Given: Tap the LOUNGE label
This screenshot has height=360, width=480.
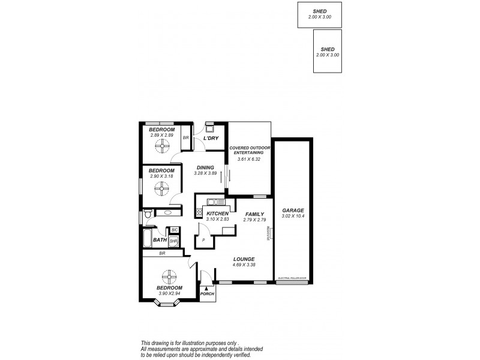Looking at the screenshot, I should pyautogui.click(x=243, y=259).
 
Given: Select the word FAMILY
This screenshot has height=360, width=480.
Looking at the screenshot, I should pyautogui.click(x=254, y=214).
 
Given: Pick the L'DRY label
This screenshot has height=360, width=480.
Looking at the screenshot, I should pyautogui.click(x=210, y=139).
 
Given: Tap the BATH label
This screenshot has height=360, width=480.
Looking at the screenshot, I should pyautogui.click(x=160, y=241).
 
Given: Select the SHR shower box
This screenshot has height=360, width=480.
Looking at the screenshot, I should pyautogui.click(x=173, y=241).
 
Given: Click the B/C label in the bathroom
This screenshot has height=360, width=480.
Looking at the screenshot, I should pyautogui.click(x=175, y=230).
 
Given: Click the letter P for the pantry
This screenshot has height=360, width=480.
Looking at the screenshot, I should pyautogui.click(x=204, y=241).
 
